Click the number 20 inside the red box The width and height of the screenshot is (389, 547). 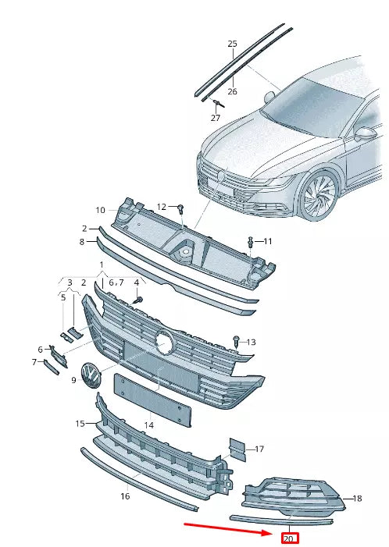pyautogui.click(x=289, y=538)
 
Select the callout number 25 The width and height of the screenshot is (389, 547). pyautogui.click(x=232, y=44)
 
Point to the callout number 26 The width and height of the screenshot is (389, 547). pyautogui.click(x=232, y=91)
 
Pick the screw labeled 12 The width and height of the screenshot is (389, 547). pyautogui.click(x=180, y=208)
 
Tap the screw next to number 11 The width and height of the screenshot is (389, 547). pyautogui.click(x=250, y=240)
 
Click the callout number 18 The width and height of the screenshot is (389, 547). pyautogui.click(x=358, y=498)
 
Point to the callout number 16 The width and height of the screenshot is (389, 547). pyautogui.click(x=125, y=496)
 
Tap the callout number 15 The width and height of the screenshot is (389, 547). pyautogui.click(x=80, y=424)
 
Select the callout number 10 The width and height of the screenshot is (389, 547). pyautogui.click(x=100, y=210)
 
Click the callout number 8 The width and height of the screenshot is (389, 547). pyautogui.click(x=81, y=242)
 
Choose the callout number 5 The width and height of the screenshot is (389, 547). pyautogui.click(x=63, y=297)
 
